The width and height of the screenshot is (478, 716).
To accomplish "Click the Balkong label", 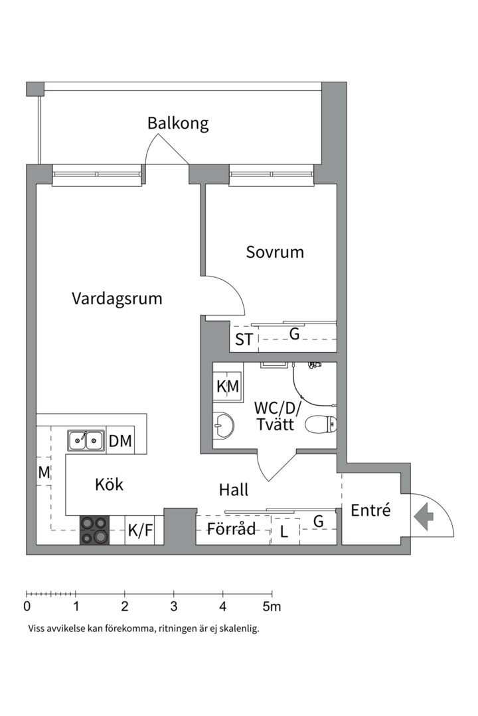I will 178,123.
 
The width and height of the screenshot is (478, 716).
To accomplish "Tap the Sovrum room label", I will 275,252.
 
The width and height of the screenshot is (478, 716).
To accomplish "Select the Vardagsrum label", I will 117,298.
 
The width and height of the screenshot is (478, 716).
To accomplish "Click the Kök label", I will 110,485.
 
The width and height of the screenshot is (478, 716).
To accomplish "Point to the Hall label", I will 234,490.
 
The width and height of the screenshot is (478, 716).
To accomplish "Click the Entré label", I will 370,511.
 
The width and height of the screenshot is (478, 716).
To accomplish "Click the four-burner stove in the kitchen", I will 94,530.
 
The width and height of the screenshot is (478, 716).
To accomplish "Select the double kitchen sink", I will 86,440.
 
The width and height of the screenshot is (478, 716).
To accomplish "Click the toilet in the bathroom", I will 322,423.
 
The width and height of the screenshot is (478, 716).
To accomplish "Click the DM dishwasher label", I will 120,441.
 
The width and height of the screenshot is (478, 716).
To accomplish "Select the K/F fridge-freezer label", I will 140,531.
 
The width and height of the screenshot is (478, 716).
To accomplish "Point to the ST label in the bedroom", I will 244,339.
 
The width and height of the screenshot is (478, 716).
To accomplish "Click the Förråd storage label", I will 231,530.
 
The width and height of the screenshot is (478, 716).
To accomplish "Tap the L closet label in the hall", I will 283,532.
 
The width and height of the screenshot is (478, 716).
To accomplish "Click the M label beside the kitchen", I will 44,473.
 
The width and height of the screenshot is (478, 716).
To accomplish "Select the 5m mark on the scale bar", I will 272,606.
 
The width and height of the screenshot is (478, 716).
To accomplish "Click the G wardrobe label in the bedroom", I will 294,335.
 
